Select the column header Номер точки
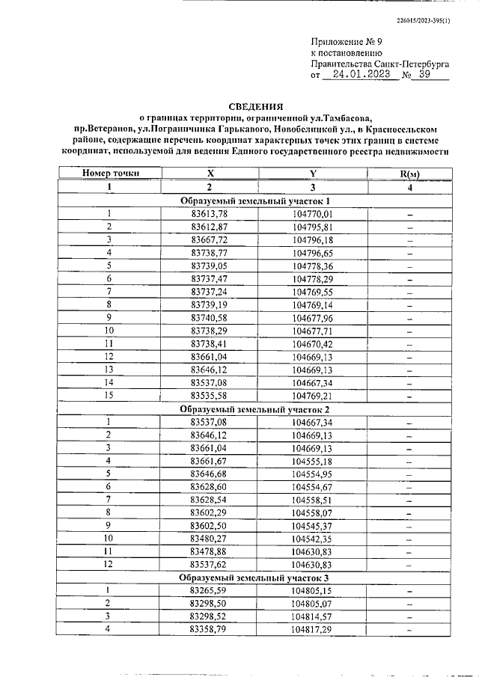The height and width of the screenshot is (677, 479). (110, 174)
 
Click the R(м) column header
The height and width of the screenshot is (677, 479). (409, 174)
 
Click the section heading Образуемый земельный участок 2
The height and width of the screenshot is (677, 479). (254, 409)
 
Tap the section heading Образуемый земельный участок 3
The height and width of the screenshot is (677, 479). (254, 579)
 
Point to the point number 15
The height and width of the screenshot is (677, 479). (109, 395)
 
